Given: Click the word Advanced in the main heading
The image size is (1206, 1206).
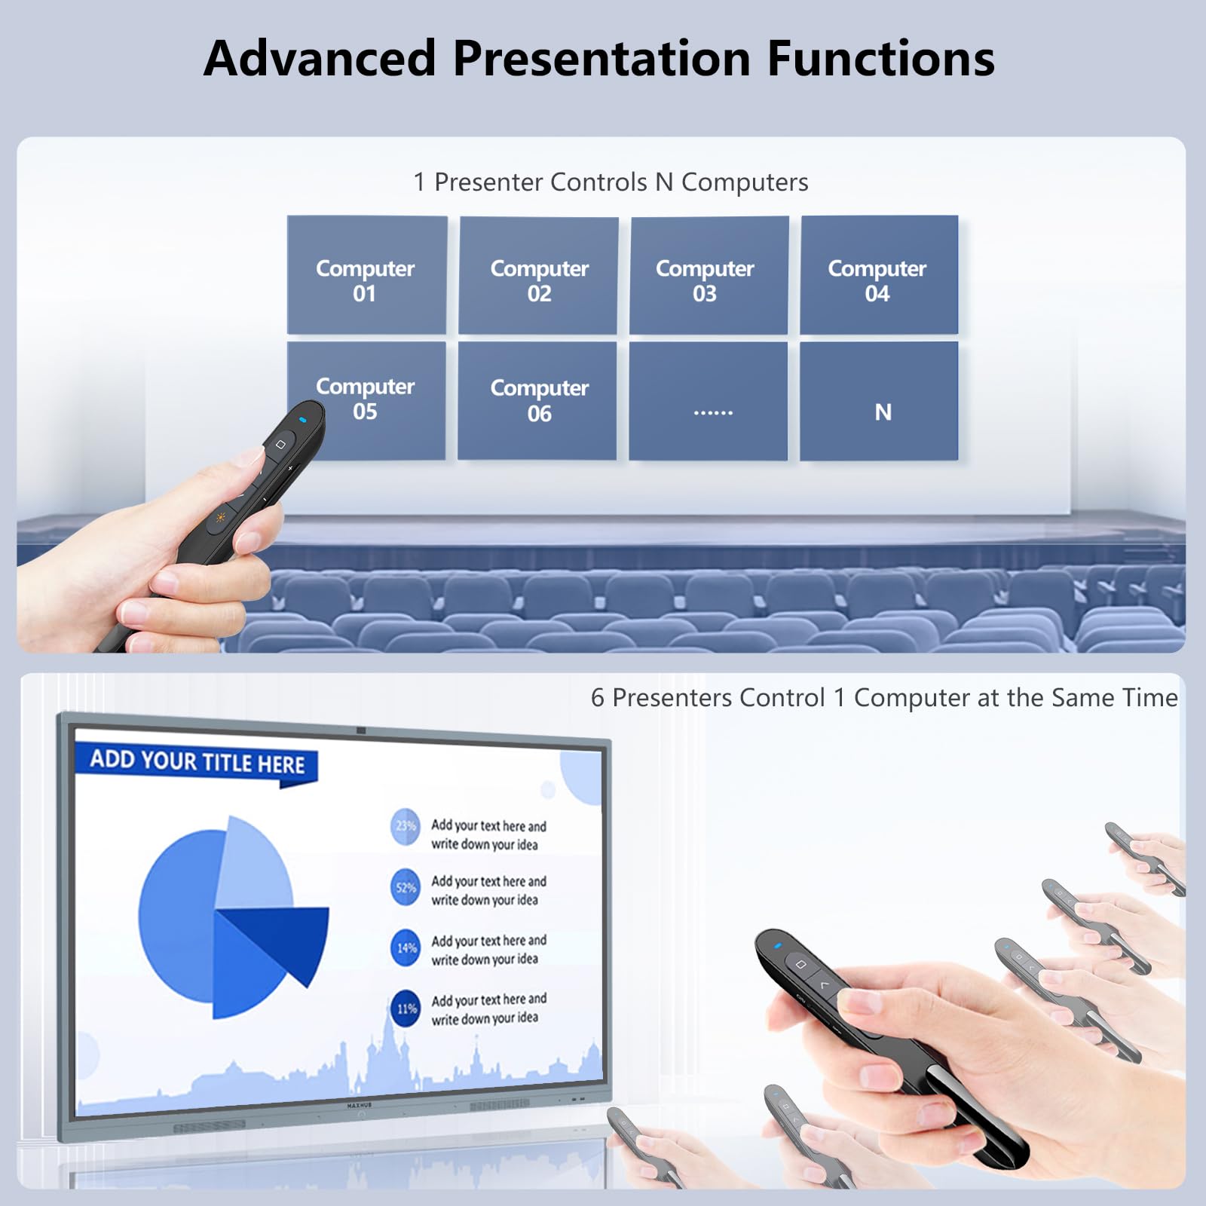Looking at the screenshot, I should [320, 59].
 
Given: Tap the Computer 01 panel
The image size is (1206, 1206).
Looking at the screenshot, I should [366, 275].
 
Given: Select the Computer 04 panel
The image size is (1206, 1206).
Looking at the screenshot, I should [879, 275].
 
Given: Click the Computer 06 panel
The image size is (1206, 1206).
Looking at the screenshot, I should [537, 400].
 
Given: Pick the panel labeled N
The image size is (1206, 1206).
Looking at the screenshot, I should [880, 401].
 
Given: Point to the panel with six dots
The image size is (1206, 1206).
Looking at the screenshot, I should [709, 401].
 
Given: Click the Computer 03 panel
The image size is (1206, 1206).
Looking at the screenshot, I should [709, 275].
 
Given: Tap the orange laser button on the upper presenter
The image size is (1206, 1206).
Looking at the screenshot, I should [220, 517].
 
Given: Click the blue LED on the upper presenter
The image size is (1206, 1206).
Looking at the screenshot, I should [303, 420].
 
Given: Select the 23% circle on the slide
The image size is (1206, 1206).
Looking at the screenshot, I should [406, 826].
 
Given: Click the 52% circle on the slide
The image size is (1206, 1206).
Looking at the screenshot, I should [406, 887].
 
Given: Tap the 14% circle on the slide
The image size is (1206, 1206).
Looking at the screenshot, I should [406, 947].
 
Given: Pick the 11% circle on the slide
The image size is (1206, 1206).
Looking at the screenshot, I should [406, 1009].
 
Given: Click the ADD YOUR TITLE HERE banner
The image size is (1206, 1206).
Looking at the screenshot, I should [197, 762].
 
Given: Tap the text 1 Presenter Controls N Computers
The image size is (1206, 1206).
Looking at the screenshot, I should [611, 182].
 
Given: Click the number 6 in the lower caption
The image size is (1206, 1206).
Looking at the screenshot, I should [597, 698].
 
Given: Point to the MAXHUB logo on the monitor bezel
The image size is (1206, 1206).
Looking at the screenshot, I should [360, 1105].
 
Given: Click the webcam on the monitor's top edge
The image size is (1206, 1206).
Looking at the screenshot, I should [361, 730].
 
